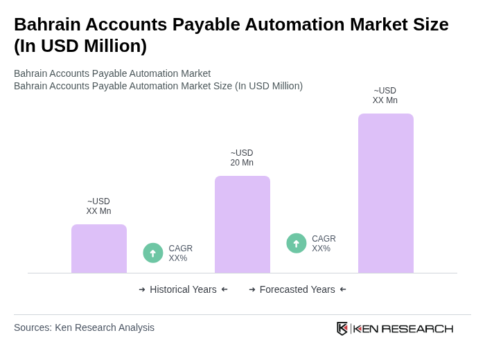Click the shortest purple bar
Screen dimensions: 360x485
(x=99, y=249)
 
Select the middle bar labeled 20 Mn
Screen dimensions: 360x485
(x=242, y=224)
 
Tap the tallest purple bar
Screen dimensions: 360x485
(x=386, y=193)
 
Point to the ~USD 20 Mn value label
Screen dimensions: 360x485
(x=242, y=158)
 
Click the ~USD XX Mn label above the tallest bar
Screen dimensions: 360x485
(x=385, y=96)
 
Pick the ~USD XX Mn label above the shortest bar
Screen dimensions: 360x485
(x=98, y=206)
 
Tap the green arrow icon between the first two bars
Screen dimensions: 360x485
(x=153, y=253)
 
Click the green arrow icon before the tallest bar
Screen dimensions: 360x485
(x=297, y=244)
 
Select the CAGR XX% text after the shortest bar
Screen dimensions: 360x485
(x=180, y=253)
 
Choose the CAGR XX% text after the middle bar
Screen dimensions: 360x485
(x=324, y=244)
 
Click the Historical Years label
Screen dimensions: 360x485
(x=183, y=289)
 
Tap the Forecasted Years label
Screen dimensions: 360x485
(x=297, y=289)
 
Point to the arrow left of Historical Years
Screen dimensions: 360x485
(x=142, y=289)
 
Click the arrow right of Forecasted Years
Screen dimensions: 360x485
(x=343, y=289)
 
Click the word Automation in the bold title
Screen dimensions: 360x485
(x=290, y=24)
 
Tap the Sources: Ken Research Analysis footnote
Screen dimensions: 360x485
(x=84, y=327)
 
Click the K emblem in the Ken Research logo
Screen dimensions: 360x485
(x=342, y=328)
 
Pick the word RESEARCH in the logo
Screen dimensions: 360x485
(x=417, y=328)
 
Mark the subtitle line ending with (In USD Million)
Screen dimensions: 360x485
(x=158, y=86)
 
